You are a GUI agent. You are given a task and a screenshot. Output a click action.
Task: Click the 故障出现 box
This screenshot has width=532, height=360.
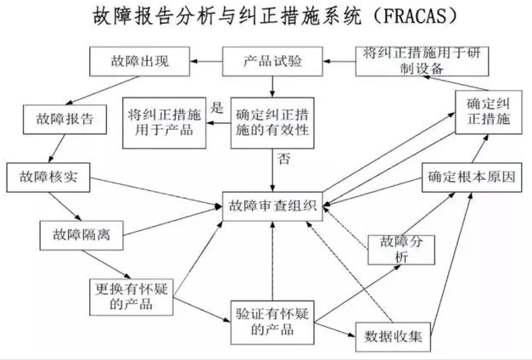(139, 61)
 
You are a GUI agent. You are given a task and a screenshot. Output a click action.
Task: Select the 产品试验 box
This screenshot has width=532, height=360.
(272, 61)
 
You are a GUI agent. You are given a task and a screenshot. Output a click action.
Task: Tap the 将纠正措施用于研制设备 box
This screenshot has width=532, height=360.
(422, 61)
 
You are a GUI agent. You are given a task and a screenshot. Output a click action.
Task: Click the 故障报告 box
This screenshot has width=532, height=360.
(64, 119)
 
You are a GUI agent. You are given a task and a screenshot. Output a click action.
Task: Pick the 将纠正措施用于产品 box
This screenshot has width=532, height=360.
(165, 123)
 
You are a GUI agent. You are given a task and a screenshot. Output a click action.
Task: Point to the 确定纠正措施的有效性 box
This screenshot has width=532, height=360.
(272, 123)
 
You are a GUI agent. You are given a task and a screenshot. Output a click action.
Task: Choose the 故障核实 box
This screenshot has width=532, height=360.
(48, 177)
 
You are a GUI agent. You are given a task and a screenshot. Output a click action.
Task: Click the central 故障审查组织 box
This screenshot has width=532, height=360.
(272, 206)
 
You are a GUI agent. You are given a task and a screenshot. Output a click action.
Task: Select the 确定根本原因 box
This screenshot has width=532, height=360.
(472, 177)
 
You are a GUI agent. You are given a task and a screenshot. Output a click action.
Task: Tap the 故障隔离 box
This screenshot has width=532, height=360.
(81, 235)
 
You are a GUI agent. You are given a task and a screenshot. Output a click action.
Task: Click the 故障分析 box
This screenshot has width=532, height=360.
(401, 250)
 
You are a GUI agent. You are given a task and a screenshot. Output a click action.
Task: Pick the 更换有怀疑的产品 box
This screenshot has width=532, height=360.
(132, 297)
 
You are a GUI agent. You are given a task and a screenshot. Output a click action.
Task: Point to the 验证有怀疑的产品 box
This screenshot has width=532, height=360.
(272, 323)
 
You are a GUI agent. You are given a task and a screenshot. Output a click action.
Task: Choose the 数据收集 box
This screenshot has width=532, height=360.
(393, 336)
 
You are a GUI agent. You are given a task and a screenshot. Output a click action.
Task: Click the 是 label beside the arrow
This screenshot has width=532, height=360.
(217, 108)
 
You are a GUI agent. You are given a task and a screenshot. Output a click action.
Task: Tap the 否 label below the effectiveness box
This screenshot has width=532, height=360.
(284, 159)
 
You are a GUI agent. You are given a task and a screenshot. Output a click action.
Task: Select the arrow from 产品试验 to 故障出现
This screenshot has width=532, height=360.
(206, 61)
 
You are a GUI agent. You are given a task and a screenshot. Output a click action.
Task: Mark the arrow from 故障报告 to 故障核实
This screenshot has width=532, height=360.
(57, 149)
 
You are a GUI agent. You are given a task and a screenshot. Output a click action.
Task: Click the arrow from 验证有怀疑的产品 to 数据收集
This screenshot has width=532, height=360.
(335, 329)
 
